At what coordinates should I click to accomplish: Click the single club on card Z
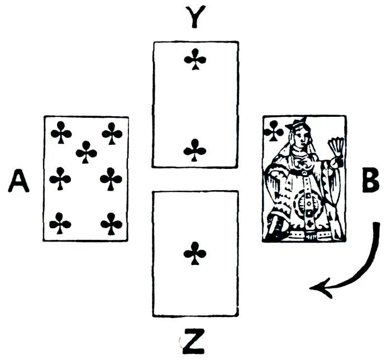point(195,253)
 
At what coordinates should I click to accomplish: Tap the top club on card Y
point(195,59)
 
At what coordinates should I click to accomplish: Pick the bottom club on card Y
point(195,149)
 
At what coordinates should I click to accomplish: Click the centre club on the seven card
point(86,151)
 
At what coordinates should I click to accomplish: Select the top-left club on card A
point(60,133)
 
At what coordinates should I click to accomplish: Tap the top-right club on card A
point(112,133)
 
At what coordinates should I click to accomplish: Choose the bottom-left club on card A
point(60,224)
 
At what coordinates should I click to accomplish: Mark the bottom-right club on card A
point(112,224)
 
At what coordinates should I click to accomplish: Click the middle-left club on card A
point(60,179)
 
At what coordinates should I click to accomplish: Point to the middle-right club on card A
point(112,179)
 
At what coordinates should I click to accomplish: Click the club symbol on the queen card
point(273,131)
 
